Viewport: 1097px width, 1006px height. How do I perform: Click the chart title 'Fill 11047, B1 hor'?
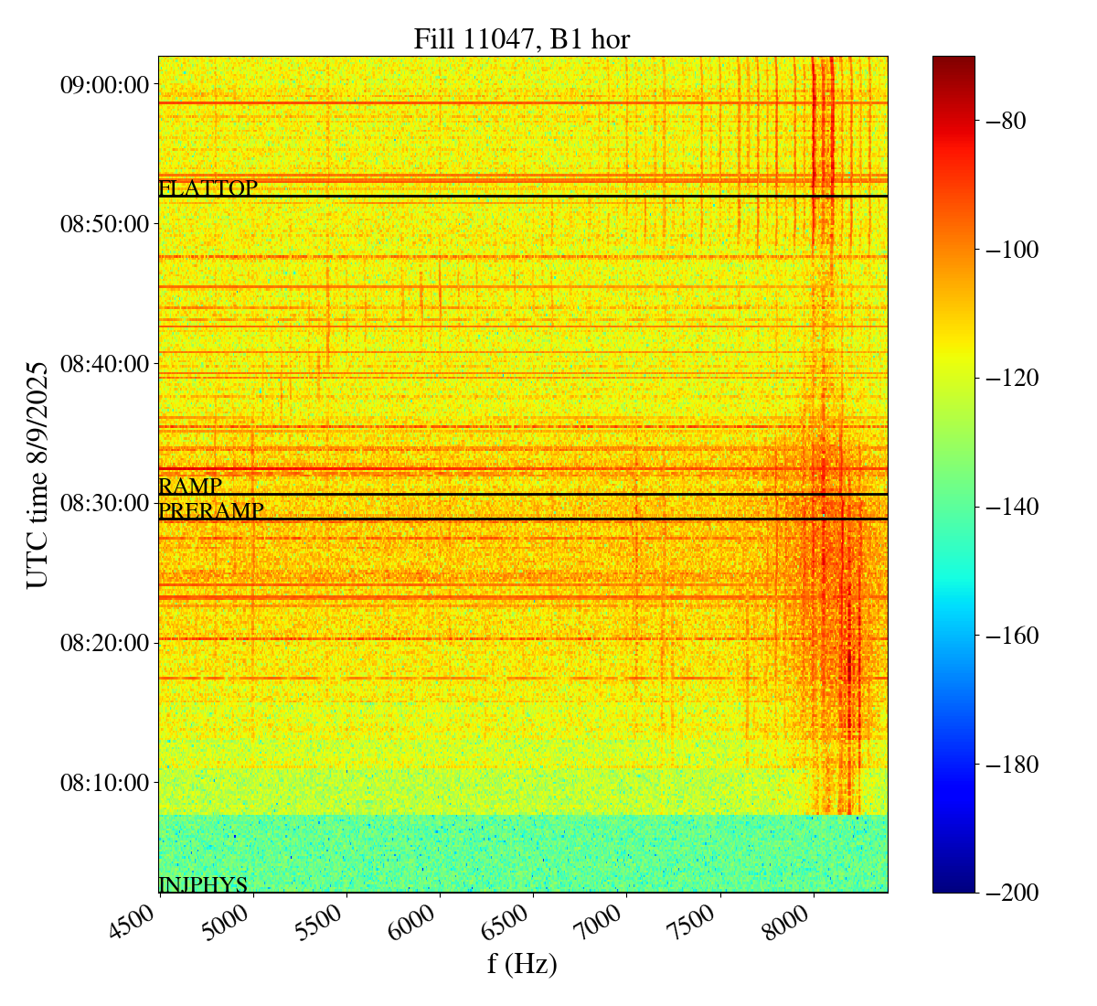[521, 39]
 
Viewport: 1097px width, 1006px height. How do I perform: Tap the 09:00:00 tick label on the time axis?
[103, 85]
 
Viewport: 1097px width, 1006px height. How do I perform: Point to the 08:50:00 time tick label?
[103, 224]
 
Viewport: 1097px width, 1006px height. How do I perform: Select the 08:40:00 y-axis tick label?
[103, 364]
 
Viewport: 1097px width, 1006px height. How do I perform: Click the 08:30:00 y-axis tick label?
[103, 503]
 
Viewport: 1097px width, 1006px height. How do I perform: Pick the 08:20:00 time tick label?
[103, 643]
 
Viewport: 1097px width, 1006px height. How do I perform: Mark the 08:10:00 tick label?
[103, 782]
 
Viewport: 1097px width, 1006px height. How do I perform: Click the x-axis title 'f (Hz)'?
[522, 963]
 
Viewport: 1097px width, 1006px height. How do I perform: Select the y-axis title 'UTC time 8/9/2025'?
[37, 474]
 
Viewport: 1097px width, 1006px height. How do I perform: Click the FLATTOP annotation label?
[208, 188]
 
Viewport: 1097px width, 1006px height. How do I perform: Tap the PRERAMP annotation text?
[211, 511]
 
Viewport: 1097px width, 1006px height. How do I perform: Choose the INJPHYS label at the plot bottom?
[203, 884]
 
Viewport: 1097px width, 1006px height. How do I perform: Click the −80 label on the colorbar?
[1006, 121]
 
